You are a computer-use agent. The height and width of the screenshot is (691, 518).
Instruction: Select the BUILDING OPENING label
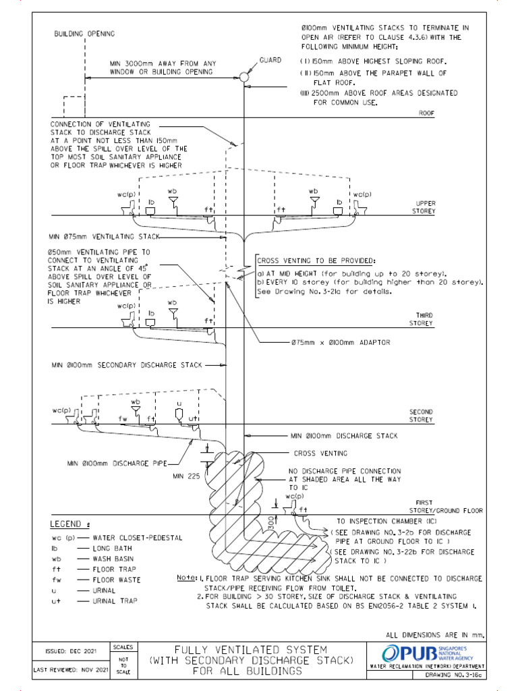[x=84, y=34]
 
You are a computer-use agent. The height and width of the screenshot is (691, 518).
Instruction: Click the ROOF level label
[x=426, y=113]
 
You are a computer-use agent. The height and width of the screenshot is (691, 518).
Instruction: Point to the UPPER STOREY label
[x=426, y=206]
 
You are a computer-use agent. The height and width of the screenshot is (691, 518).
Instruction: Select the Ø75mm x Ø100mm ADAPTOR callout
[x=341, y=343]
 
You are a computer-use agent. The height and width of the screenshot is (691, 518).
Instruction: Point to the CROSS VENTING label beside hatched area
[x=320, y=453]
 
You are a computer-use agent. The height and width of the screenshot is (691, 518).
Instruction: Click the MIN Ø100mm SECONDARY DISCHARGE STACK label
[x=126, y=365]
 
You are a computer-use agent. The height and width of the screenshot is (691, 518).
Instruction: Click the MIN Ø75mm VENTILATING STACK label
[x=104, y=238]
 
